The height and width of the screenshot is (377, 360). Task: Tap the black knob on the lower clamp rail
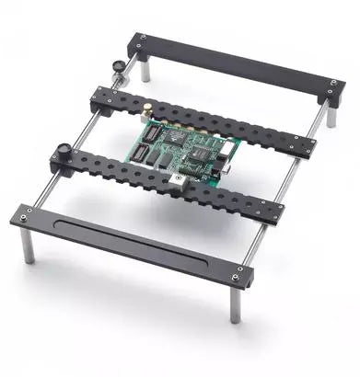[64, 150]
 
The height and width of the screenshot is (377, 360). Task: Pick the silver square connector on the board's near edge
[174, 180]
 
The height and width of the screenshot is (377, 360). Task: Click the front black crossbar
[129, 245]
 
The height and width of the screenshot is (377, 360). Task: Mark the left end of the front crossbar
[26, 217]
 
